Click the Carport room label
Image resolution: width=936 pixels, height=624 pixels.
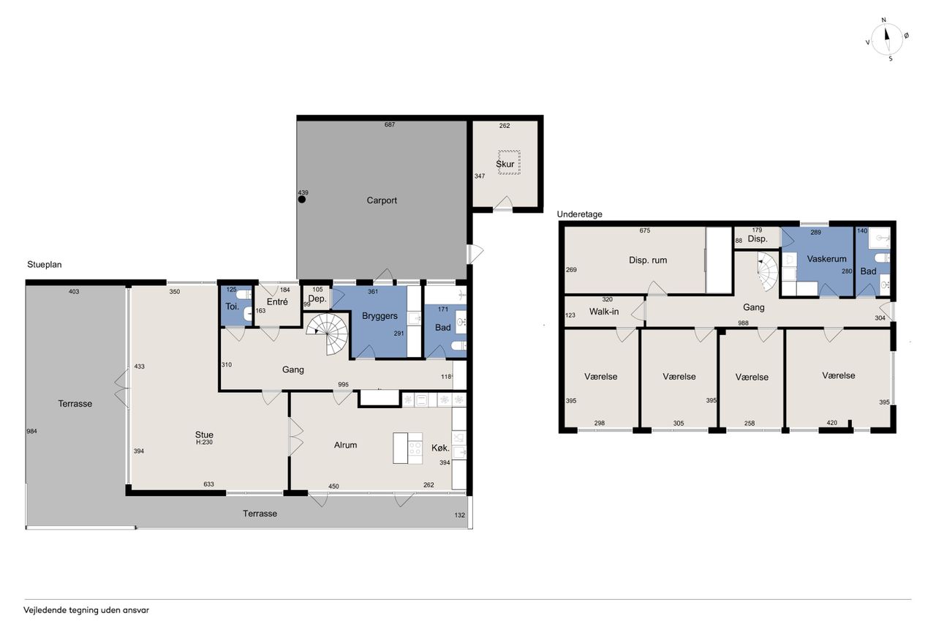pyautogui.click(x=382, y=200)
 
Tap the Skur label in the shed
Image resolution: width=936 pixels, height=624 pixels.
pyautogui.click(x=505, y=164)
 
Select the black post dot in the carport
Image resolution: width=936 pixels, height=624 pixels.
pyautogui.click(x=302, y=200)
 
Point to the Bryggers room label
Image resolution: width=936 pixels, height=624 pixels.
pyautogui.click(x=380, y=316)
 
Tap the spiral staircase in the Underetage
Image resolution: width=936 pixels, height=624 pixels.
pyautogui.click(x=768, y=271)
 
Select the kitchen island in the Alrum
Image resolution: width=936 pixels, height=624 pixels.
pyautogui.click(x=408, y=448)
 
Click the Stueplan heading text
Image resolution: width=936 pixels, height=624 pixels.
pyautogui.click(x=45, y=265)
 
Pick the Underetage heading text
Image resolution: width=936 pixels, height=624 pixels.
pyautogui.click(x=580, y=214)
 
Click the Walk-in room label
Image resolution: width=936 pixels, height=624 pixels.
pyautogui.click(x=604, y=312)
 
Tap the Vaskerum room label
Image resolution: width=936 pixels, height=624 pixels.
pyautogui.click(x=826, y=259)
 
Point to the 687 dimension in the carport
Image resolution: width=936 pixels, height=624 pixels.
pyautogui.click(x=390, y=124)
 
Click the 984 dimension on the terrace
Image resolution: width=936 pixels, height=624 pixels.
pyautogui.click(x=31, y=432)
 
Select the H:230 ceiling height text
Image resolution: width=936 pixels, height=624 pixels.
pyautogui.click(x=204, y=442)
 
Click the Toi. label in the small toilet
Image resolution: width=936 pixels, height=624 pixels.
pyautogui.click(x=233, y=307)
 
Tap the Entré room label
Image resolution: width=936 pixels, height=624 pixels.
pyautogui.click(x=277, y=302)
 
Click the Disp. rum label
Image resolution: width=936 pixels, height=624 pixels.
pyautogui.click(x=648, y=260)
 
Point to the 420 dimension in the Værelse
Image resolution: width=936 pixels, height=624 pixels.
pyautogui.click(x=831, y=423)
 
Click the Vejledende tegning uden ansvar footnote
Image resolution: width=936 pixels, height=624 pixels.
pyautogui.click(x=86, y=610)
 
